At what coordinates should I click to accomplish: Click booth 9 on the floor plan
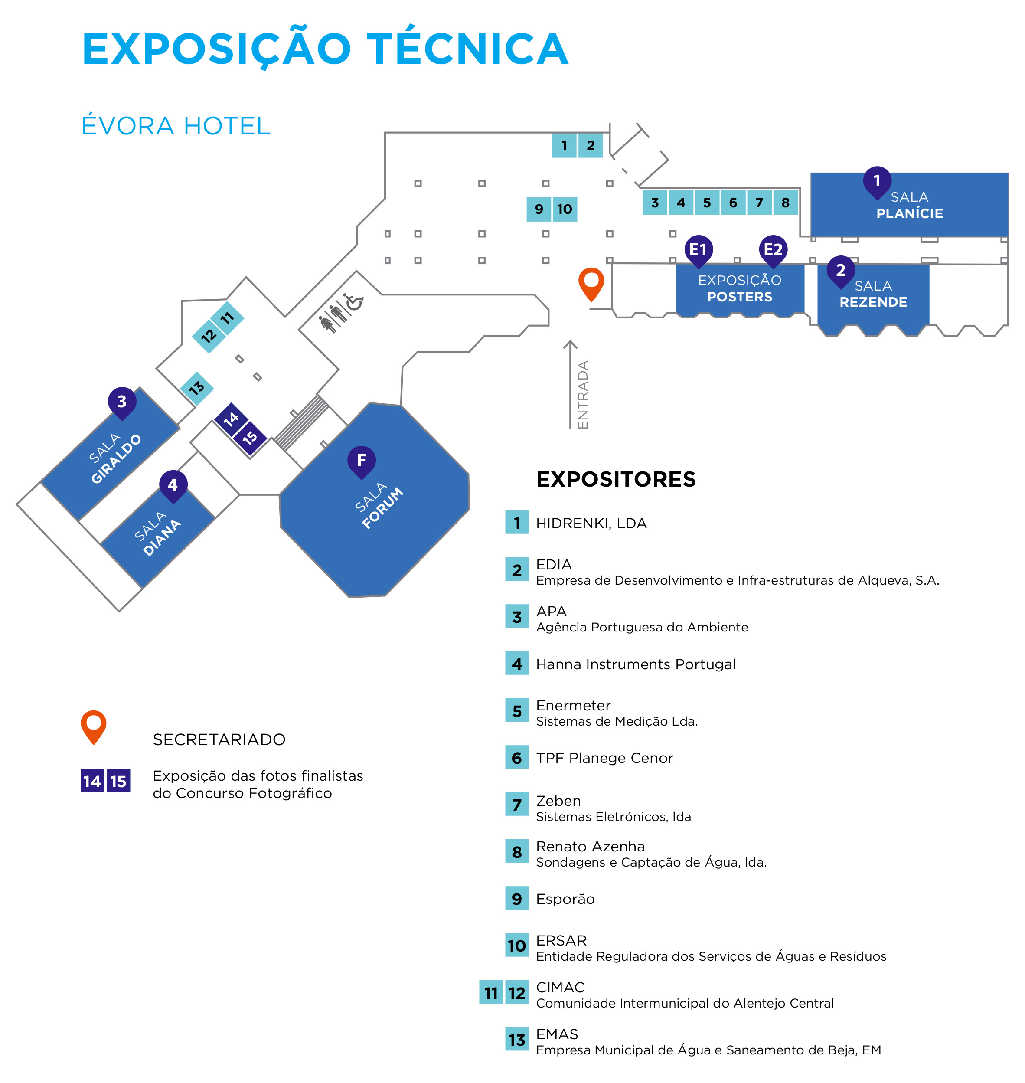[539, 209]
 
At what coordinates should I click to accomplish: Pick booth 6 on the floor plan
[733, 203]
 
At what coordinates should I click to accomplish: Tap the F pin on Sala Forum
[361, 462]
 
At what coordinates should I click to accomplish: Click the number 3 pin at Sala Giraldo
[122, 403]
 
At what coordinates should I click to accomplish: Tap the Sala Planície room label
[910, 205]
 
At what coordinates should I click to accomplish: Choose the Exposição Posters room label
[740, 288]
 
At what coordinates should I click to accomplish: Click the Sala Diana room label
[157, 534]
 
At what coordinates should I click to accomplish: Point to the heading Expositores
[616, 479]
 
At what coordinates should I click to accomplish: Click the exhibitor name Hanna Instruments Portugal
[636, 664]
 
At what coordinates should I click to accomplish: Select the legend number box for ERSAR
[517, 946]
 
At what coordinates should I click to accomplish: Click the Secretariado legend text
[219, 739]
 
